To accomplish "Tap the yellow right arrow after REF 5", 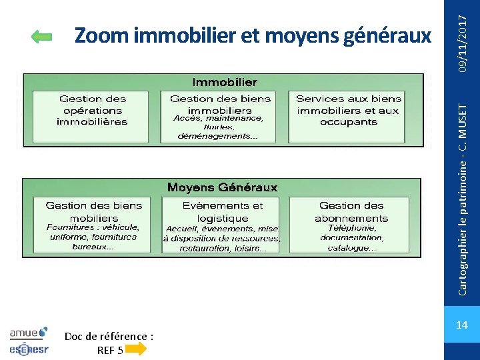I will pyautogui.click(x=135, y=349).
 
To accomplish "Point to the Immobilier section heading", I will pyautogui.click(x=224, y=82).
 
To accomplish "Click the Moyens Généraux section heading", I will pyautogui.click(x=222, y=187).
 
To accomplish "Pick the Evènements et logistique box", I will pyautogui.click(x=222, y=225).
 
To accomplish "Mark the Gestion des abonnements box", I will pyautogui.click(x=351, y=225).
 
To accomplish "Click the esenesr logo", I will pyautogui.click(x=29, y=347).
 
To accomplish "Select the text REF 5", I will pyautogui.click(x=110, y=349).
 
